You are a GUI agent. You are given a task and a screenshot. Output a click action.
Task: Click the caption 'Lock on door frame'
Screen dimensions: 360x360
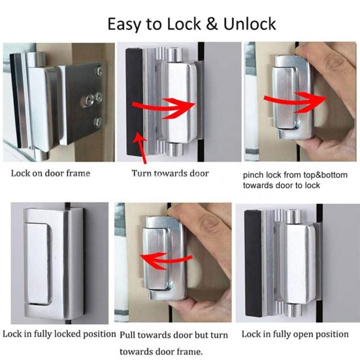50,173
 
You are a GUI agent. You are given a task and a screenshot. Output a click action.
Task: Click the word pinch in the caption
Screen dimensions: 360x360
255,176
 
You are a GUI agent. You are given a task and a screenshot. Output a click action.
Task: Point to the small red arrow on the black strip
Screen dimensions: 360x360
138,139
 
